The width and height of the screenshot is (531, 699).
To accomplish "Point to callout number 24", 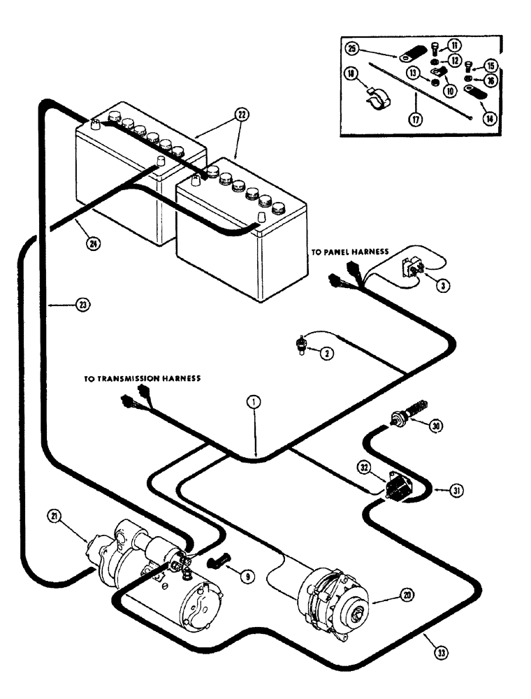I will [x=92, y=245].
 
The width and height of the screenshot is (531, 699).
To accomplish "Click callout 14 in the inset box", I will [x=490, y=118].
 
